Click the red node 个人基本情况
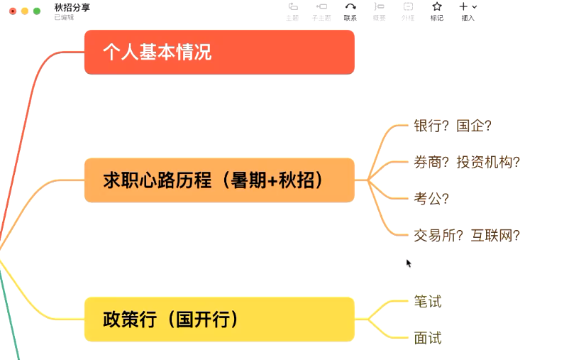[x=219, y=53]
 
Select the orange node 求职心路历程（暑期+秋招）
[x=219, y=180]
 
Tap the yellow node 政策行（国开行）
[x=219, y=319]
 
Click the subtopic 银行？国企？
[x=453, y=126]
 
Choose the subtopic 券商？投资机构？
[x=467, y=162]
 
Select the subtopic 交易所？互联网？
[x=467, y=235]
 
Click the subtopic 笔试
[x=428, y=302]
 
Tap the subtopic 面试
[x=428, y=338]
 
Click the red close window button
[x=13, y=11]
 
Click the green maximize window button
[x=37, y=11]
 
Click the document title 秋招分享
[x=72, y=7]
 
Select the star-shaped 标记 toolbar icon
[x=437, y=7]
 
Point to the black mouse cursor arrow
[x=409, y=263]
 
